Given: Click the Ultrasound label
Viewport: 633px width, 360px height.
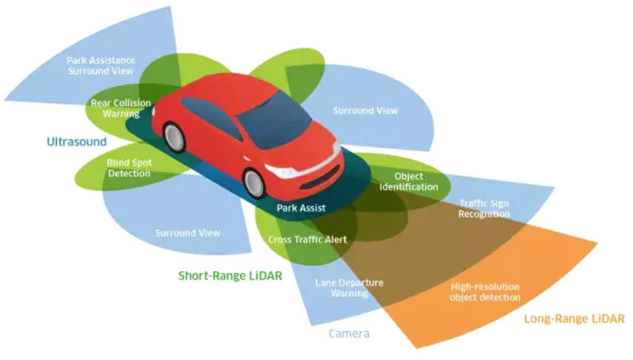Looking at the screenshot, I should click(77, 141).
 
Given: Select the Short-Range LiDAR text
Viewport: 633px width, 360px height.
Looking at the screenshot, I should click(229, 276).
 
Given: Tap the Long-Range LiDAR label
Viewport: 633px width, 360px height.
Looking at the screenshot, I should click(574, 319).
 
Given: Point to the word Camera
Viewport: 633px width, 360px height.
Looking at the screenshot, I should click(349, 334).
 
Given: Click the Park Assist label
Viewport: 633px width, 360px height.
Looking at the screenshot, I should click(301, 208).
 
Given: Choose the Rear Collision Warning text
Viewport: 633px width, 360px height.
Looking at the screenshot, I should click(115, 109).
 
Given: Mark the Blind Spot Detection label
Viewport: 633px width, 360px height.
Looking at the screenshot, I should click(129, 168).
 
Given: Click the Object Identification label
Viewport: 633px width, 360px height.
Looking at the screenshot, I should click(408, 181).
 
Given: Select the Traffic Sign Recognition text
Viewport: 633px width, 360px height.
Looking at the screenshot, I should click(484, 208).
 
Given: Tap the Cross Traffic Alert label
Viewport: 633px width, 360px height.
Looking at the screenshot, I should click(307, 240).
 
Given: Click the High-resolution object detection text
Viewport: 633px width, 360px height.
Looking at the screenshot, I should click(485, 291).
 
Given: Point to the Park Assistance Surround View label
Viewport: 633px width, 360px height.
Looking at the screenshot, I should click(100, 65).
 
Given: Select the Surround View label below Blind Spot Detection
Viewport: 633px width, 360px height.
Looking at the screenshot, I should click(187, 233).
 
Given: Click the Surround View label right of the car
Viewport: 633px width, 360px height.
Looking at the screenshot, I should click(365, 111).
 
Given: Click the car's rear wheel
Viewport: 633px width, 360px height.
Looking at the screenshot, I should click(175, 136).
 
